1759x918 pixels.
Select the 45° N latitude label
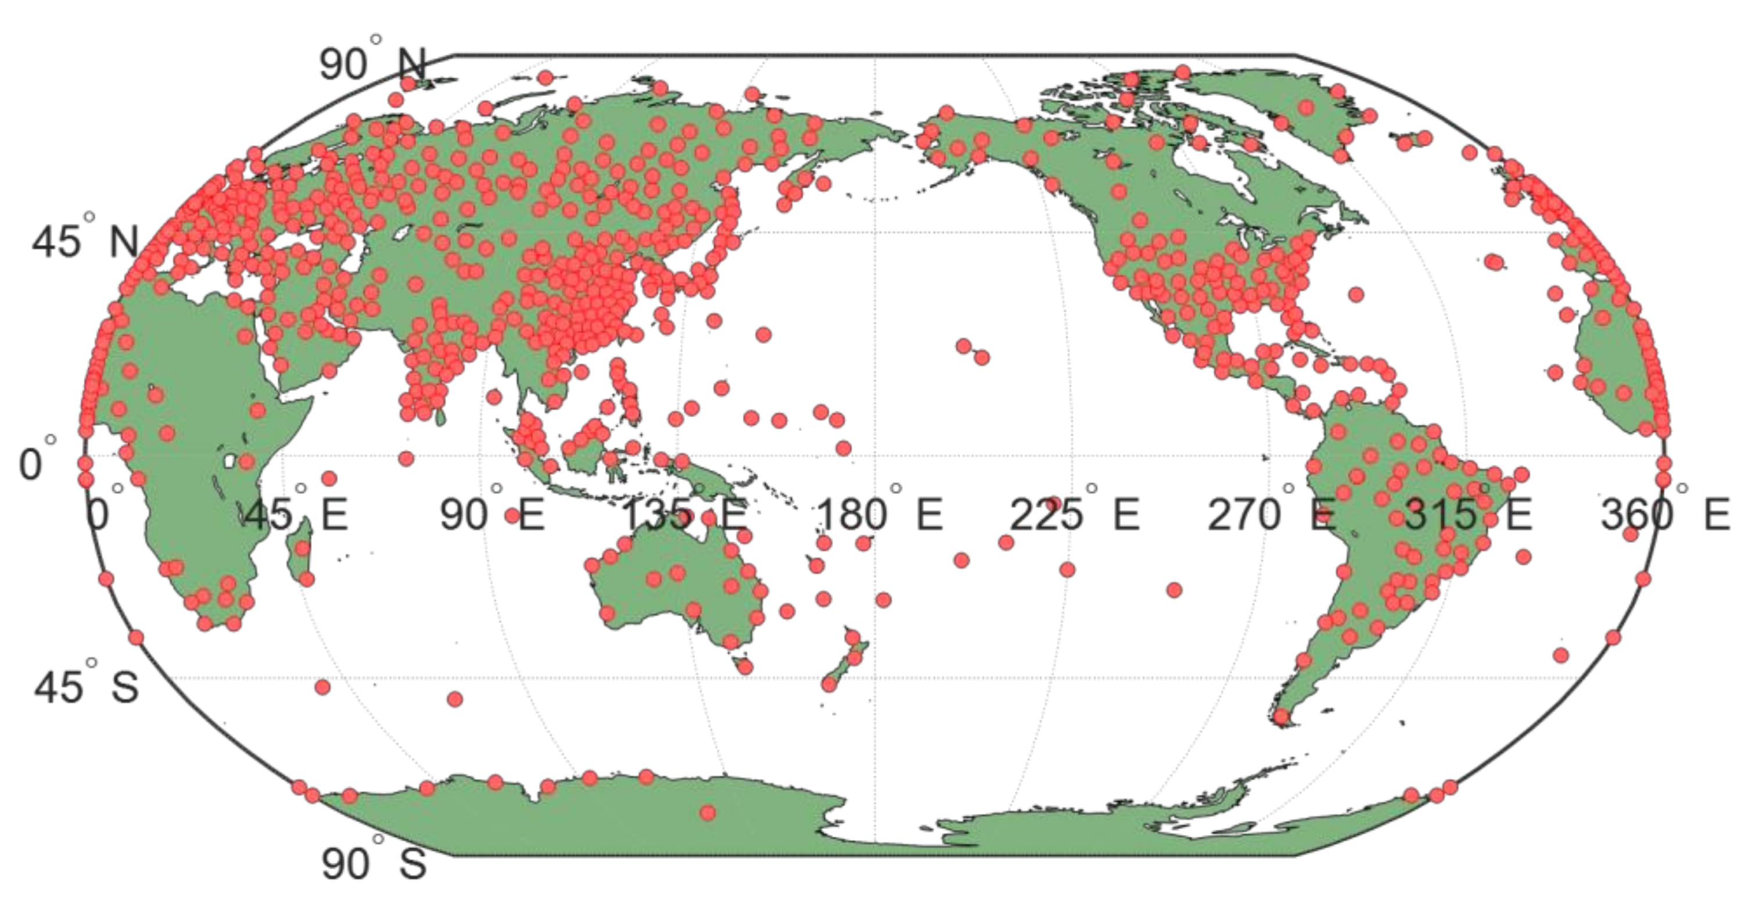pos(85,241)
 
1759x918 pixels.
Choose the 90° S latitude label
pos(374,863)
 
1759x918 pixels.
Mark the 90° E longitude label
pos(491,514)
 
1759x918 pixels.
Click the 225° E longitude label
pos(1075,514)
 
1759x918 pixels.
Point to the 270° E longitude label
pos(1272,514)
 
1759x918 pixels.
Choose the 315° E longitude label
pos(1468,514)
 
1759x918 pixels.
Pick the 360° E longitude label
pos(1665,514)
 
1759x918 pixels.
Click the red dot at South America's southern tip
pos(1281,717)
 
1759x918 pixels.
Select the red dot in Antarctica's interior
pos(708,813)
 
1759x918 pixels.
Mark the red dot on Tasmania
pos(745,666)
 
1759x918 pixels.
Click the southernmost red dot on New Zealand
pos(830,684)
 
